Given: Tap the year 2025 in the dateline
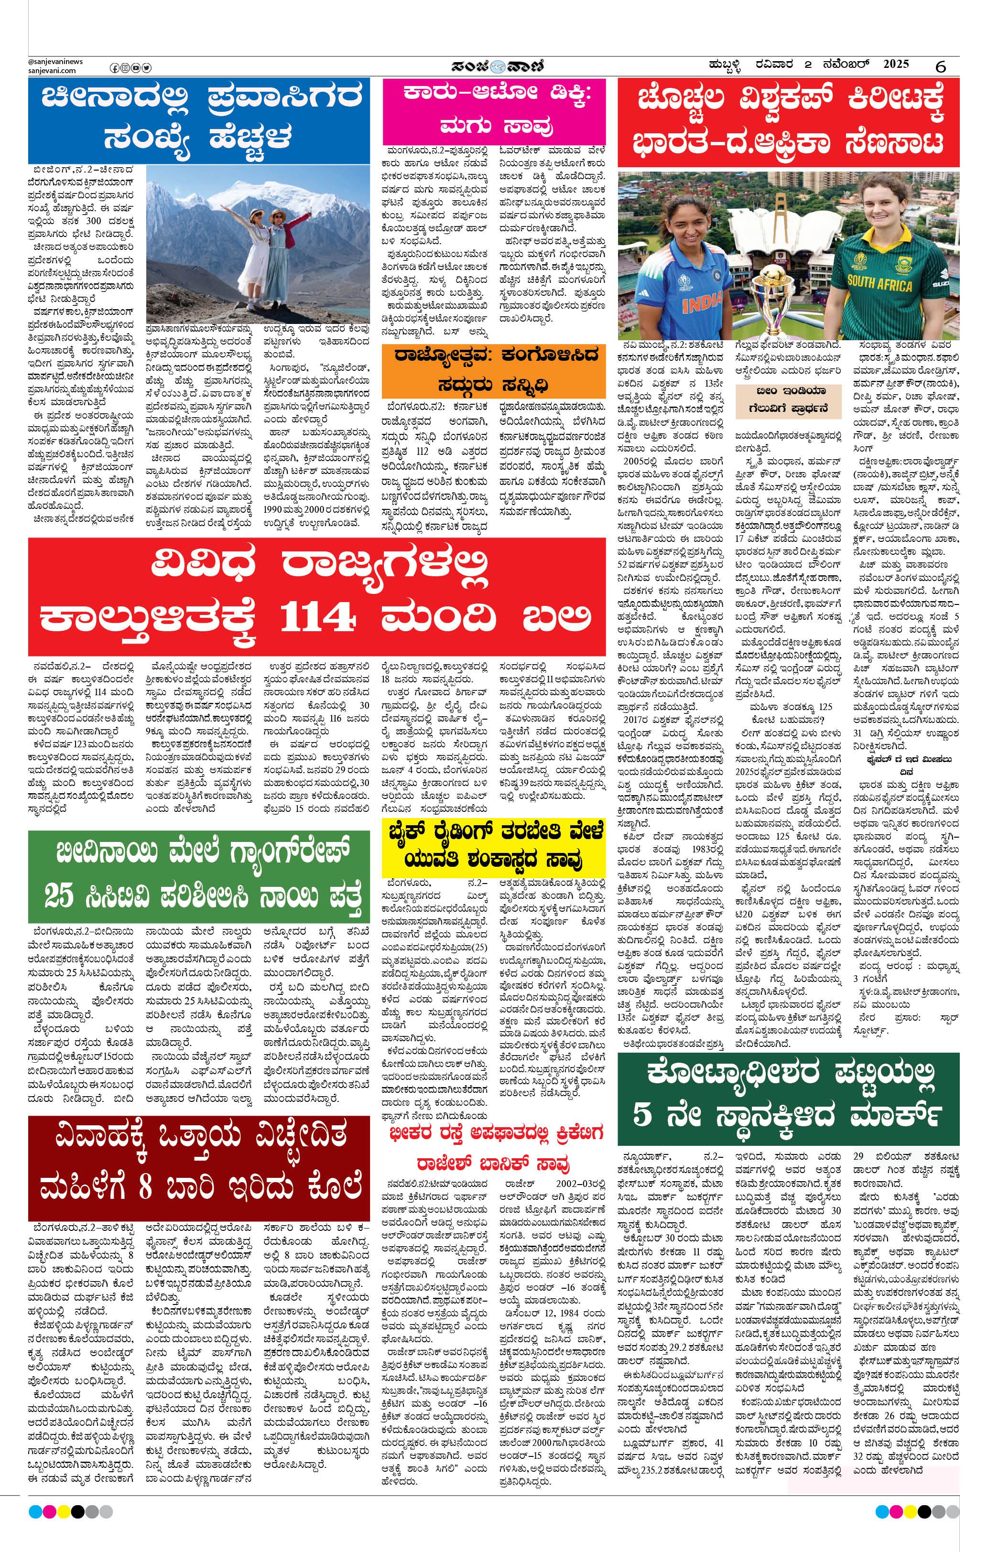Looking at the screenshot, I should pos(896,64).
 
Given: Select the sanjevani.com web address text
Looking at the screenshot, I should pos(52,71).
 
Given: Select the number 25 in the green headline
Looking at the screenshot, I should pos(59,896).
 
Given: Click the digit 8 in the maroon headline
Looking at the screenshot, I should pos(146,1186).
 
